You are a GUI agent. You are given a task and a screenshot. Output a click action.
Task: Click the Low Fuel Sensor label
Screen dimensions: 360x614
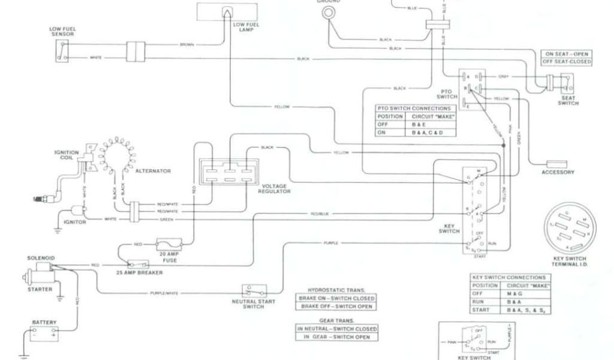pyautogui.click(x=62, y=31)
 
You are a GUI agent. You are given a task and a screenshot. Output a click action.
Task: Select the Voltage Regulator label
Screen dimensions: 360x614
pyautogui.click(x=274, y=189)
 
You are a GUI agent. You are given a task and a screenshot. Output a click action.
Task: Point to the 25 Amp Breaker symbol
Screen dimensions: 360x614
pyautogui.click(x=140, y=264)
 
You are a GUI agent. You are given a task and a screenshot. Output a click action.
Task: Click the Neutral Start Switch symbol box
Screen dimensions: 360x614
pyautogui.click(x=252, y=290)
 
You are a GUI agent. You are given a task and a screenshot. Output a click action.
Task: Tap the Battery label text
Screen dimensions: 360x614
pyautogui.click(x=43, y=322)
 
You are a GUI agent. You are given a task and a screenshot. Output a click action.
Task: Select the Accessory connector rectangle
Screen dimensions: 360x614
pyautogui.click(x=557, y=163)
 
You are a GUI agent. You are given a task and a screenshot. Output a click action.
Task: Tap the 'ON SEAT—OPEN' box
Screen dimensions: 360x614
pyautogui.click(x=566, y=53)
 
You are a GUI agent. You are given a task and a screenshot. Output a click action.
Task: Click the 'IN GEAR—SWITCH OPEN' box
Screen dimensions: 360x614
pyautogui.click(x=337, y=337)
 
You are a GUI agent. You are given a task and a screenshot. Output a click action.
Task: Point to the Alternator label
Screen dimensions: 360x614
pyautogui.click(x=153, y=171)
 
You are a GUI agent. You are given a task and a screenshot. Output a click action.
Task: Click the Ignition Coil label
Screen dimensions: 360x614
pyautogui.click(x=65, y=155)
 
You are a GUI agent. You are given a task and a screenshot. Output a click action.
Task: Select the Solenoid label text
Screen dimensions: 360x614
pyautogui.click(x=41, y=258)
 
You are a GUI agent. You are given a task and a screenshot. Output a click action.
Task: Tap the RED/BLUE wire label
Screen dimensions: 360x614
pyautogui.click(x=320, y=214)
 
